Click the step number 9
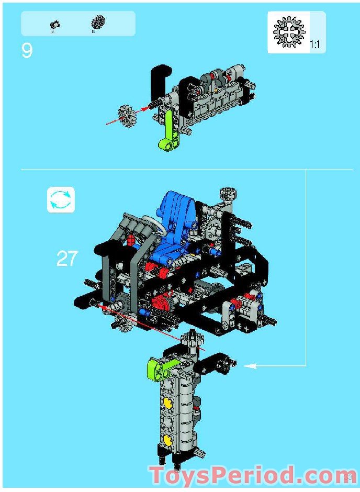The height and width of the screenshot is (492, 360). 27,51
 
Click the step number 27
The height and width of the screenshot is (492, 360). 67,259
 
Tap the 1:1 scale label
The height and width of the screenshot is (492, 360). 315,45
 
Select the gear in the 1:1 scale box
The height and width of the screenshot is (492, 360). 288,32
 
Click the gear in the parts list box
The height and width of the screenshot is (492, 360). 97,21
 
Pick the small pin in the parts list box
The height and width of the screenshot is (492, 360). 54,24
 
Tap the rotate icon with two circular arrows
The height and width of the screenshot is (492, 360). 61,200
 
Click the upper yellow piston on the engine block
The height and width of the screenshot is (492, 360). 168,402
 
